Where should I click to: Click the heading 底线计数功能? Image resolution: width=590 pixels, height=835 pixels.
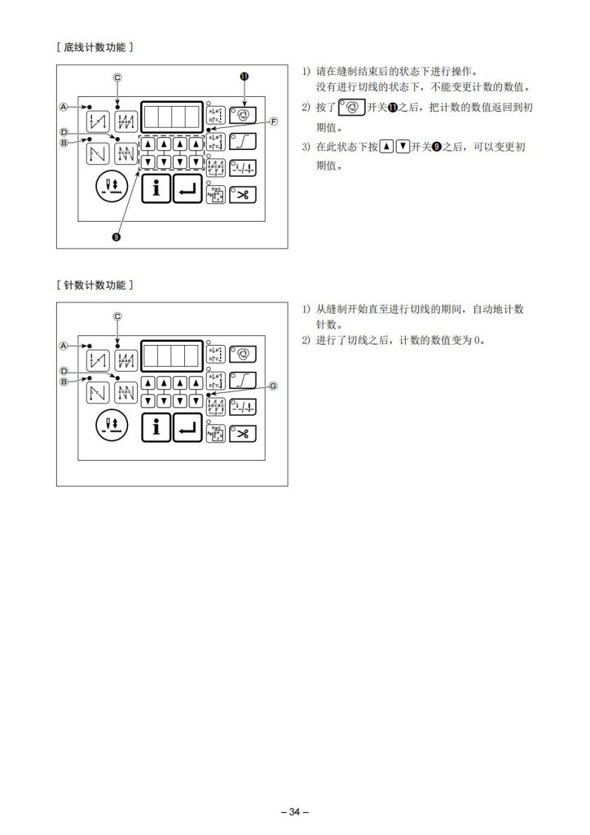pos(95,47)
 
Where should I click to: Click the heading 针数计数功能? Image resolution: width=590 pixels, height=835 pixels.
pos(95,285)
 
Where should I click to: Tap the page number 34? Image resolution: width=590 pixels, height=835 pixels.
pos(295,811)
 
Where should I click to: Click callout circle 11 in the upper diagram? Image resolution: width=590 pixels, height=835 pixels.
pos(244,76)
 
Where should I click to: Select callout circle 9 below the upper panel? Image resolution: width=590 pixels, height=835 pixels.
pos(117,237)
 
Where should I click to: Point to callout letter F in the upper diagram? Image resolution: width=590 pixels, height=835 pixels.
pos(274,121)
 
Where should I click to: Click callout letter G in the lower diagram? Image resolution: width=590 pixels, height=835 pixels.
pos(273,386)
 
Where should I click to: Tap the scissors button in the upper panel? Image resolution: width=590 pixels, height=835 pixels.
pos(243,194)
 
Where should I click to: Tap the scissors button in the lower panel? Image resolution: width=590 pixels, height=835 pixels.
pos(243,434)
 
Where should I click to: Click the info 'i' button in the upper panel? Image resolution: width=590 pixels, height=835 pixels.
pos(156,188)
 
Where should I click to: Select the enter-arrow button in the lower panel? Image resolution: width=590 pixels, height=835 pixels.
pos(187,427)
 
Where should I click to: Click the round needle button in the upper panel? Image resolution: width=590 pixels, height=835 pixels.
pos(112,188)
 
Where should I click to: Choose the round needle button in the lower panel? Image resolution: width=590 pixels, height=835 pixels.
pos(112,426)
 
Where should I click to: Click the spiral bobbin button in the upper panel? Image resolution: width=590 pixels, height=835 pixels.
pos(243,114)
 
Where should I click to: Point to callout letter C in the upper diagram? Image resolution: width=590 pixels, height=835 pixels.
pos(117,77)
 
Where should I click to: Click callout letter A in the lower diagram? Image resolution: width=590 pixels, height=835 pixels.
pos(64,346)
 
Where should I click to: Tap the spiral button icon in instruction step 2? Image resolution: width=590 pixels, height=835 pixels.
pos(352,108)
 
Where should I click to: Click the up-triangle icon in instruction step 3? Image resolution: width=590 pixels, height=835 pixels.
pos(387,147)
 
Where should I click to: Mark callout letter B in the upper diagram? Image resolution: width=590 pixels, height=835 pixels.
pos(64,143)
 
